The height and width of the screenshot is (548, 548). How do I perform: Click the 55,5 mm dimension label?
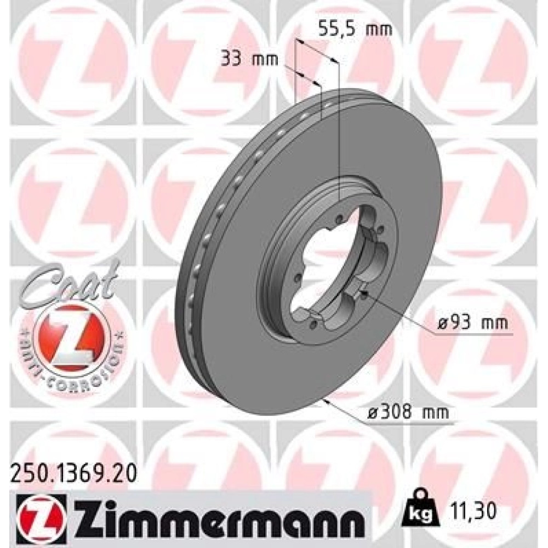[356, 29]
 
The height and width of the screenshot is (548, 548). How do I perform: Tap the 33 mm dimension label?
[249, 59]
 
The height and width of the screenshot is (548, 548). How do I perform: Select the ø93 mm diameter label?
[473, 323]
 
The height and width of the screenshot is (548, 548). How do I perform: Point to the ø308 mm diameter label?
[409, 413]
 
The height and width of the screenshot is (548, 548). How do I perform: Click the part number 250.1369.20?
[73, 477]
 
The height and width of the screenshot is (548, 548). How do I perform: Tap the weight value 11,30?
[470, 512]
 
